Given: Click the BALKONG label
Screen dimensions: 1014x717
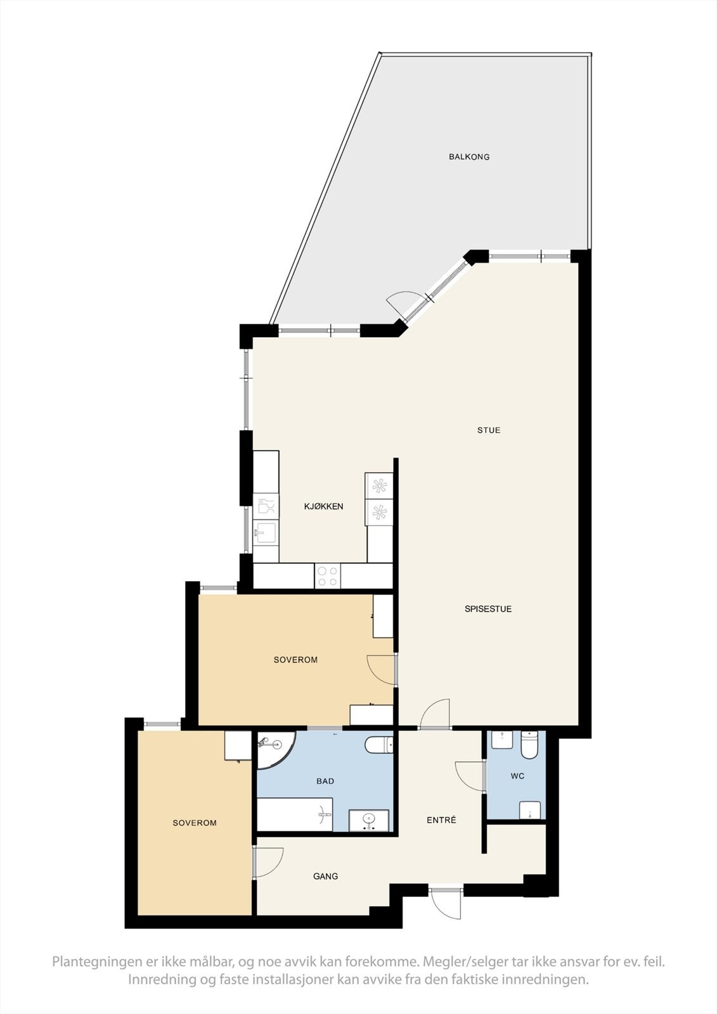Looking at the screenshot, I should [469, 157].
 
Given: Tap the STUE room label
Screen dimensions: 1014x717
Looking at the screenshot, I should [489, 430].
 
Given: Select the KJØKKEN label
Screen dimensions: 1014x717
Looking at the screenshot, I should [323, 506].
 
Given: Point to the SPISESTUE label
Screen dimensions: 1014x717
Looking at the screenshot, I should [488, 609].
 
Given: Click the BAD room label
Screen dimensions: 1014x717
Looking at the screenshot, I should [325, 781].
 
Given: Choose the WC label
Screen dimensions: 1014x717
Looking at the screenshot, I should [517, 776].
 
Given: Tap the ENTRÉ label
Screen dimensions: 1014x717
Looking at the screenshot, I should [441, 820].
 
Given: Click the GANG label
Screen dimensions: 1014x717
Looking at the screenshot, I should [325, 876].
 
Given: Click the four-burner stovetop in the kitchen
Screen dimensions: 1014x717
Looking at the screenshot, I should [328, 576].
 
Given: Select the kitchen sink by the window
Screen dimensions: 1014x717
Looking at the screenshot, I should [265, 533].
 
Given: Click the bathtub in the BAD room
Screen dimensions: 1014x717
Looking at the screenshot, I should [295, 814].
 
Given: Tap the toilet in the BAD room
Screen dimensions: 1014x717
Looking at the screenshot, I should [379, 744].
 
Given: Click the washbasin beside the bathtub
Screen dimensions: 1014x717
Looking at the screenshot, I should [370, 821].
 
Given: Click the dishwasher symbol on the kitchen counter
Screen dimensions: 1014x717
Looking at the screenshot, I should [266, 506].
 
